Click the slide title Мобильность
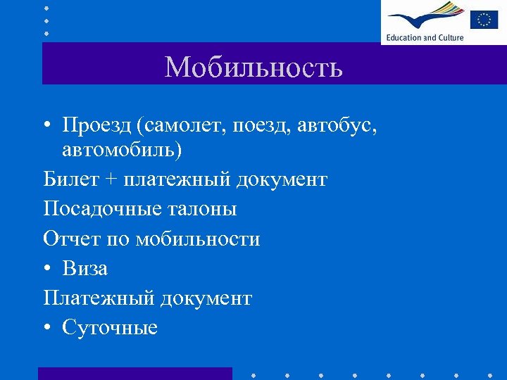tap(254, 68)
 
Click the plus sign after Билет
tap(111, 180)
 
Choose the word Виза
tap(85, 268)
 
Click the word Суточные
tap(110, 327)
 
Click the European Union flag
tap(484, 19)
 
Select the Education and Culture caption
tap(425, 37)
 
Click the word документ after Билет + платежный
tap(282, 179)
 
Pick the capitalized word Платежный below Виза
tap(99, 298)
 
